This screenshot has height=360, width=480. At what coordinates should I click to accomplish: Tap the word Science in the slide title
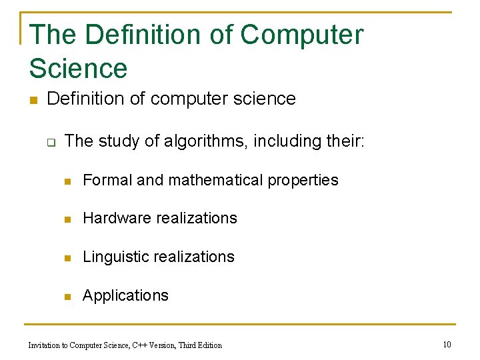point(78,69)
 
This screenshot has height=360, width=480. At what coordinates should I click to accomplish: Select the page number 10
point(447,344)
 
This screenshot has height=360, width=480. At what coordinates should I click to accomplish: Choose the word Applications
point(125,295)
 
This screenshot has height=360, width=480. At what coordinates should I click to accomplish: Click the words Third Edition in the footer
point(200,345)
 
